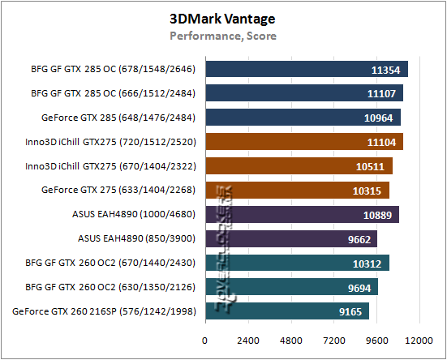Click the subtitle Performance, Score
point(222,36)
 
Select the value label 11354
point(385,70)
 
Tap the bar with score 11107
point(303,93)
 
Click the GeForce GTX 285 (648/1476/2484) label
point(119,118)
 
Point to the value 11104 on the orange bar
point(380,142)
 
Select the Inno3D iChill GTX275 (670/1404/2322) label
point(113,166)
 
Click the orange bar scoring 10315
point(297,191)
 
